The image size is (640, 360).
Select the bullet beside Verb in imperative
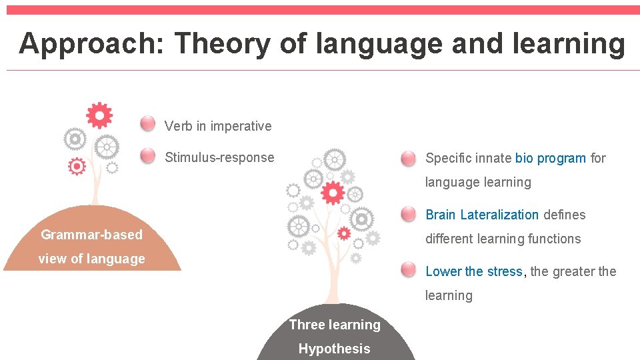148,124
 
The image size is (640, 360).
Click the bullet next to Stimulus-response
148,156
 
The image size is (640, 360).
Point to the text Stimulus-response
219,158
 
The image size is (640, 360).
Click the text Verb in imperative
218,126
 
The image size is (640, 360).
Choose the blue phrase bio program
551,159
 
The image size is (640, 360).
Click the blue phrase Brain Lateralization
482,215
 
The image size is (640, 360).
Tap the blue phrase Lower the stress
473,271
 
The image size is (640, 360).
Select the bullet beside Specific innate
409,158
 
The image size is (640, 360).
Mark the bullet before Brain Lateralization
409,214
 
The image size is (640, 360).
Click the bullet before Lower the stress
409,270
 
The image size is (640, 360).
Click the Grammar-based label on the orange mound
91,235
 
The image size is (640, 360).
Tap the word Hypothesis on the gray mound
334,349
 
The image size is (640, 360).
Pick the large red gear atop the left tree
99,116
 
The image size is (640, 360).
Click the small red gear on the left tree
77,165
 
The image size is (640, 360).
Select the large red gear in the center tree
332,193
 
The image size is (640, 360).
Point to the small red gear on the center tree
344,233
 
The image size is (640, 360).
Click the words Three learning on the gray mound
335,325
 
